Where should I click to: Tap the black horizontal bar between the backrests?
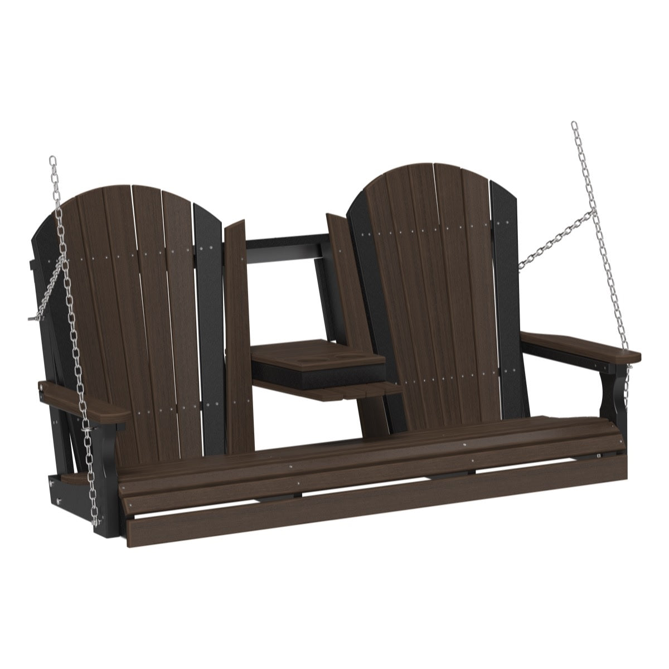[284, 244]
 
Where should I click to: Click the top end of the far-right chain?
[574, 125]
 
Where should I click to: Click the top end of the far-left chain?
[53, 161]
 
